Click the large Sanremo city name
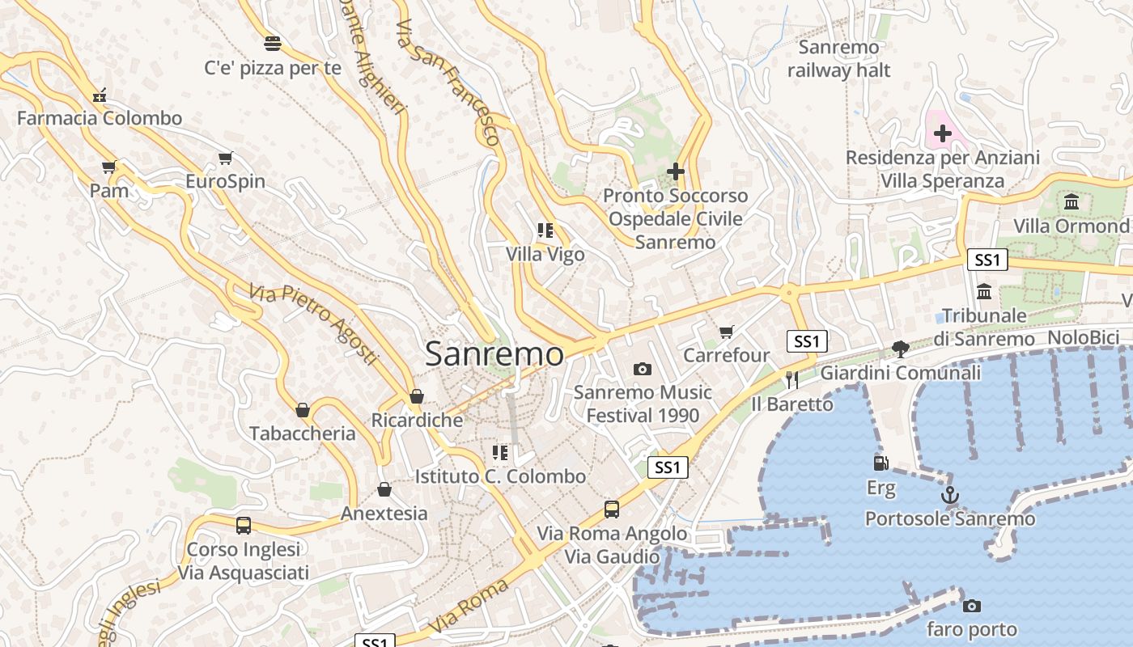pyautogui.click(x=494, y=354)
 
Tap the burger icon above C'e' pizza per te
pyautogui.click(x=273, y=43)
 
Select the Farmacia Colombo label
pyautogui.click(x=100, y=118)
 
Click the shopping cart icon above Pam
pyautogui.click(x=109, y=167)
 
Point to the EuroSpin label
pyautogui.click(x=226, y=181)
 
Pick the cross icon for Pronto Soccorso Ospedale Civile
pyautogui.click(x=676, y=171)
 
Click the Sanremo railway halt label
pyautogui.click(x=838, y=58)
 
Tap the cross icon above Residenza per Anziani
pyautogui.click(x=943, y=133)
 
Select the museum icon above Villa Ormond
pyautogui.click(x=1071, y=201)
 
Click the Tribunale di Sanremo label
pyautogui.click(x=984, y=327)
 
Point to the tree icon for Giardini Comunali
pyautogui.click(x=900, y=349)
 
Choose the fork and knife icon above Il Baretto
pyautogui.click(x=791, y=379)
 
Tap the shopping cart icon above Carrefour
pyautogui.click(x=726, y=332)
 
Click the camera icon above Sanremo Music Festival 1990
pyautogui.click(x=643, y=370)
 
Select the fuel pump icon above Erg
pyautogui.click(x=881, y=463)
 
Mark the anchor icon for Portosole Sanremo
pyautogui.click(x=949, y=495)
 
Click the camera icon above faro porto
pyautogui.click(x=971, y=606)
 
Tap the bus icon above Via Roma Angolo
pyautogui.click(x=612, y=510)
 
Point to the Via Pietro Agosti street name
pyautogui.click(x=313, y=323)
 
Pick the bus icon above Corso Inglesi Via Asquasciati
pyautogui.click(x=244, y=525)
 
